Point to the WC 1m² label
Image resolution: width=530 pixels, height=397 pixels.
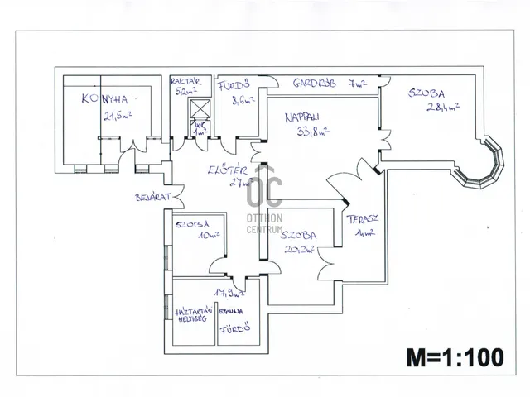pos(199,129)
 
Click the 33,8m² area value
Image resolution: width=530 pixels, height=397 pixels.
pos(311,130)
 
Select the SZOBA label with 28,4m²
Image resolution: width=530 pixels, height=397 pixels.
pos(426,93)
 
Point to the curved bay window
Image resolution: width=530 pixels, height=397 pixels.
pos(484,166)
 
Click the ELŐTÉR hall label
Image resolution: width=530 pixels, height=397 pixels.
pos(224,170)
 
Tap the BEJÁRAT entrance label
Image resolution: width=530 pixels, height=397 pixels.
pos(153,198)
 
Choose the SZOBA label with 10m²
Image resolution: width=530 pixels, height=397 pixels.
pos(192,224)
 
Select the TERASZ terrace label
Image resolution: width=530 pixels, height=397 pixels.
pos(363,219)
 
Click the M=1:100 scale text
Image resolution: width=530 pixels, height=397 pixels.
pos(455,357)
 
